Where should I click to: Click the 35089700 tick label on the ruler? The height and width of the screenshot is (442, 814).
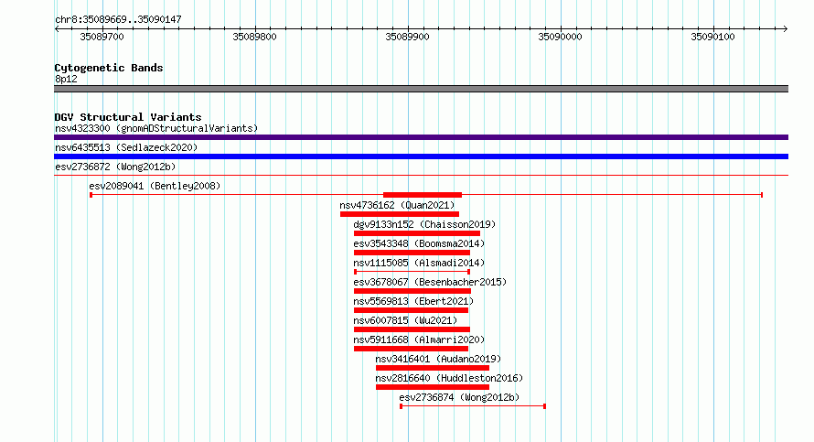click(102, 37)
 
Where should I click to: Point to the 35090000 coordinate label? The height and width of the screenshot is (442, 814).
click(560, 37)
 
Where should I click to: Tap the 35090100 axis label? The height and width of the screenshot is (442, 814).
click(712, 37)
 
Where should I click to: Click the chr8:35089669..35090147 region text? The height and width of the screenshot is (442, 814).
click(118, 20)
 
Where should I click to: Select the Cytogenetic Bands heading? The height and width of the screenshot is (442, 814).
click(109, 68)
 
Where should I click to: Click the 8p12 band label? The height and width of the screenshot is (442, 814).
click(66, 79)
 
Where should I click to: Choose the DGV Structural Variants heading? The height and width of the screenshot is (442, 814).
click(128, 117)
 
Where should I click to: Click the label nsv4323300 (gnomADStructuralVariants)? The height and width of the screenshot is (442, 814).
click(156, 128)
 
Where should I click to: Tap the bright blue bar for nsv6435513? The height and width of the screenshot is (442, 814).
click(421, 156)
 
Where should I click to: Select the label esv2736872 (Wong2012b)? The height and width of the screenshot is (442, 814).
click(115, 167)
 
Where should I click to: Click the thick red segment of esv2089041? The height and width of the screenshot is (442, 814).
click(423, 195)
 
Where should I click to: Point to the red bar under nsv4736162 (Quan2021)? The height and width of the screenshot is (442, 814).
click(400, 214)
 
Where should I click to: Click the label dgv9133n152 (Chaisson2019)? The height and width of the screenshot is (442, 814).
click(424, 224)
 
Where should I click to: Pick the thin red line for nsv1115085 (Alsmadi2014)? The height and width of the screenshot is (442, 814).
click(412, 272)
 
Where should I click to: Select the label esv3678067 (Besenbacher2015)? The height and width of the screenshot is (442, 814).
click(430, 282)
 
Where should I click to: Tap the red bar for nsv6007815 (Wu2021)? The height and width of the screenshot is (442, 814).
click(412, 329)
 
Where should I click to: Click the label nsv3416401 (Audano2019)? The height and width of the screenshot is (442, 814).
click(438, 359)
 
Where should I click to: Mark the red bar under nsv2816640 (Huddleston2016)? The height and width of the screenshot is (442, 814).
click(433, 387)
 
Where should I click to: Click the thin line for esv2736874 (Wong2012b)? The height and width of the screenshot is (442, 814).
click(473, 406)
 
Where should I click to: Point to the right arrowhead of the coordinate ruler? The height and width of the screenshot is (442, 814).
click(786, 29)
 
